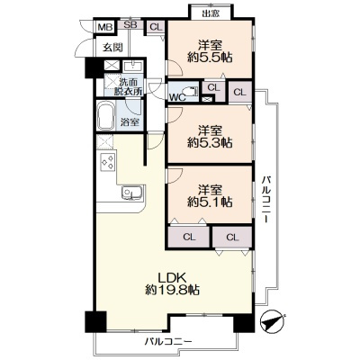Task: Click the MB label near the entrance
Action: pos(105,28)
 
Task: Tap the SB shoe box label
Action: pos(130,25)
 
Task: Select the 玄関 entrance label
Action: pos(113,48)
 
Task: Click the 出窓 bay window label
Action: pos(211,13)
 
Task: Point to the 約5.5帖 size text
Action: pos(210,58)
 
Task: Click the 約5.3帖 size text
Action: pos(210,143)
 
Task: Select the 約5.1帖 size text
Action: pos(210,202)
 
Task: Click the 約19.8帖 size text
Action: pos(173,291)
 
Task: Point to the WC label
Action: pos(177,97)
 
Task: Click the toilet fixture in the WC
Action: pos(190,91)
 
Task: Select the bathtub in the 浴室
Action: pos(105,116)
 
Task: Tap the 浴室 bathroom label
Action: pos(130,122)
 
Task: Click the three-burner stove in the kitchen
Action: pos(108,162)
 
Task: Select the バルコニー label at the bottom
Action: pos(168,341)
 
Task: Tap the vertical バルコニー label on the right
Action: pos(266,199)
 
